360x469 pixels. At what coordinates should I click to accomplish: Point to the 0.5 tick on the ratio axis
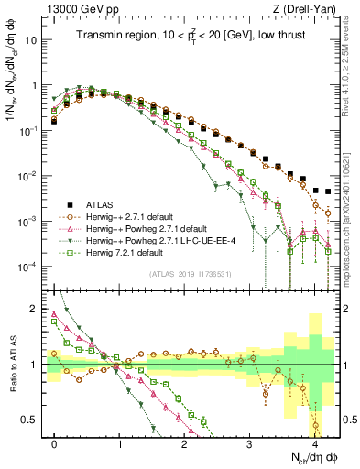(32, 420)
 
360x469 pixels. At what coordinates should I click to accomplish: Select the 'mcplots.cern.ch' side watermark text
(350, 220)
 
